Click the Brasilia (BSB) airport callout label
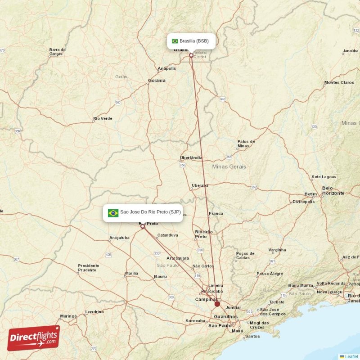[x=191, y=41]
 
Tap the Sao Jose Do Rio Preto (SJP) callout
[x=143, y=212]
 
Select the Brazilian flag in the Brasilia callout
[x=175, y=41]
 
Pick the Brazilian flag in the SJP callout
[x=113, y=212]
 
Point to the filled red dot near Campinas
[x=217, y=304]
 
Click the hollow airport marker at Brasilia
[x=191, y=56]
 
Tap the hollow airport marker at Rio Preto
[x=143, y=227]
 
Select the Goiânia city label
[x=157, y=81]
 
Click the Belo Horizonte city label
[x=333, y=190]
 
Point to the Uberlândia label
[x=191, y=158]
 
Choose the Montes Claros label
[x=339, y=83]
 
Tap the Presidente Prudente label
[x=88, y=268]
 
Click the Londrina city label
[x=94, y=311]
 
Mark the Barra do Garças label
[x=57, y=52]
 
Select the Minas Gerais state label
[x=229, y=166]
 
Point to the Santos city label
[x=252, y=336]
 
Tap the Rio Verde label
[x=103, y=119]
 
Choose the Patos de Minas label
[x=246, y=144]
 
